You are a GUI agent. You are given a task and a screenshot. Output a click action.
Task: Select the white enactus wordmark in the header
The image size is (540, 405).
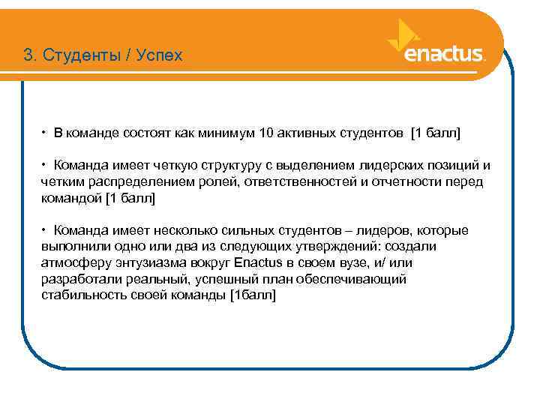point(443,55)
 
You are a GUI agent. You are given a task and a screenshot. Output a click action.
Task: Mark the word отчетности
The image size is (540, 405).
point(403,182)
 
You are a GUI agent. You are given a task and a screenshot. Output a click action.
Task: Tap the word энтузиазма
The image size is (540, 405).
point(148,262)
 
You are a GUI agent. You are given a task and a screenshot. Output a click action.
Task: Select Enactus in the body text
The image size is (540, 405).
point(257,262)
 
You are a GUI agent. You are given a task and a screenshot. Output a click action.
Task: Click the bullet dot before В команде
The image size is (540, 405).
point(46,133)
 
